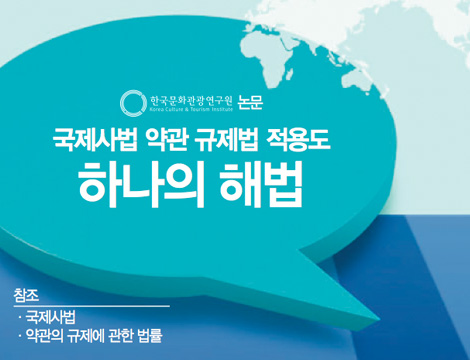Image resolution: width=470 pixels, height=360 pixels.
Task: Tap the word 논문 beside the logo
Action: [x=254, y=101]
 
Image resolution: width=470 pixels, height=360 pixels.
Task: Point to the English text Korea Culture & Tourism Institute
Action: [x=191, y=108]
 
